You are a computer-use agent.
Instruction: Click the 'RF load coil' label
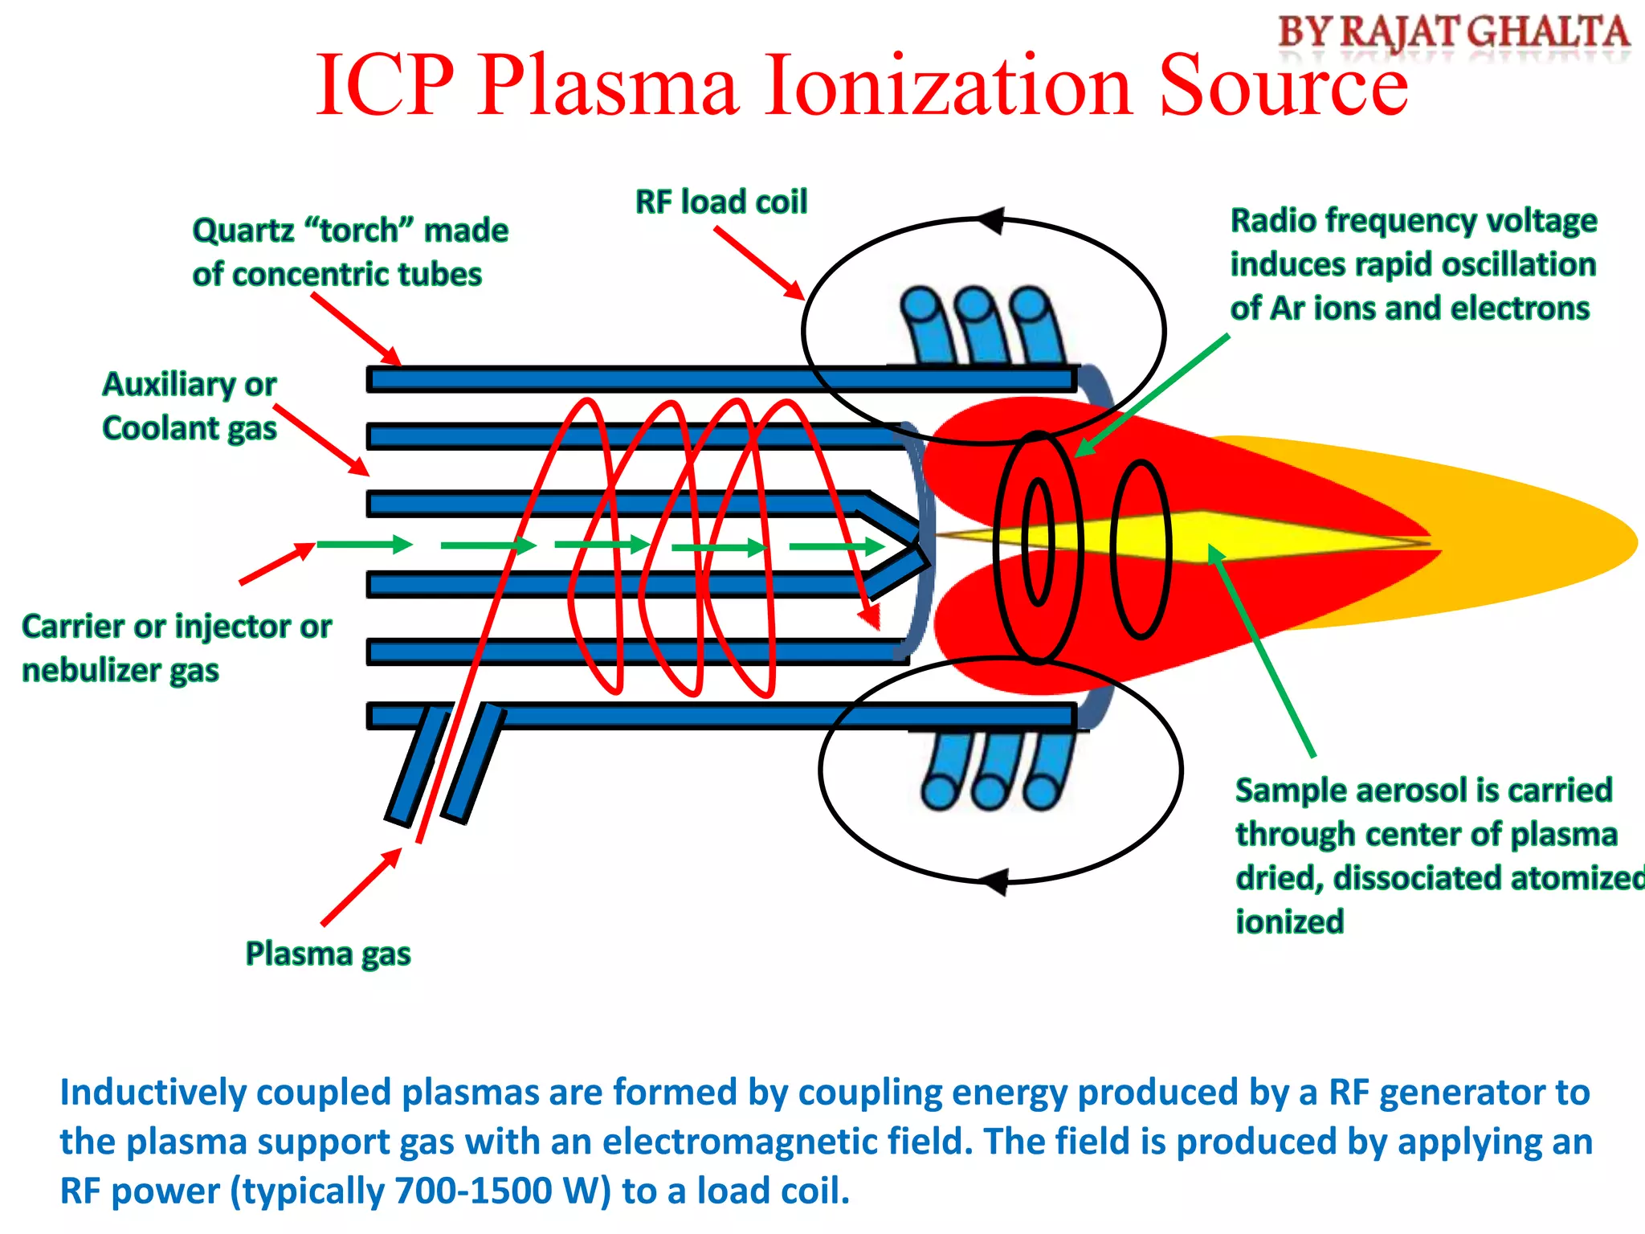click(x=720, y=202)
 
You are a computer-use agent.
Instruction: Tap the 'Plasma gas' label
click(x=328, y=954)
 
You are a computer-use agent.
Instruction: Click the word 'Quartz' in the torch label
click(x=243, y=231)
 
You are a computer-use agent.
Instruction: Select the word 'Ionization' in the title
click(x=948, y=84)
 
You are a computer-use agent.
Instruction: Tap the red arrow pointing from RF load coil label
click(x=759, y=263)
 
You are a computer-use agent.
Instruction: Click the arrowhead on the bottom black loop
click(x=994, y=881)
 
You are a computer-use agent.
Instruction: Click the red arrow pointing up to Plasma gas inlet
click(x=361, y=888)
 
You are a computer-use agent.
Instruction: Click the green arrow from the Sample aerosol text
click(x=1261, y=651)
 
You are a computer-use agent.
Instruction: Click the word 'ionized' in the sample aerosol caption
click(x=1289, y=921)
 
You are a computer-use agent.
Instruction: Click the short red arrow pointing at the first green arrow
click(x=277, y=563)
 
